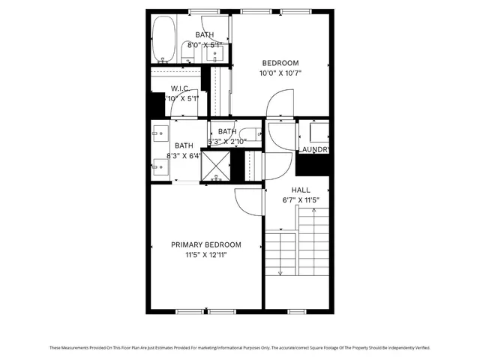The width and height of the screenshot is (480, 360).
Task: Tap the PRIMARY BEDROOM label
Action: (x=206, y=245)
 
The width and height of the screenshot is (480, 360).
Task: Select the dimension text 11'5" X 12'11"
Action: (x=206, y=255)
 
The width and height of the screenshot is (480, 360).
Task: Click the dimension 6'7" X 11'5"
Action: (x=300, y=200)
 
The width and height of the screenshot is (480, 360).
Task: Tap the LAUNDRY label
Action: (x=314, y=150)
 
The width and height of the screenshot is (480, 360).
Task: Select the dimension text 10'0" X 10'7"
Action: (x=280, y=73)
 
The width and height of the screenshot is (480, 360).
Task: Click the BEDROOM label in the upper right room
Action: (x=280, y=63)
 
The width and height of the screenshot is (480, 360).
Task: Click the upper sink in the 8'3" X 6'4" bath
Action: (x=158, y=136)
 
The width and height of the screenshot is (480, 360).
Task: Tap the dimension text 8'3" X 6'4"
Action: (x=184, y=156)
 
